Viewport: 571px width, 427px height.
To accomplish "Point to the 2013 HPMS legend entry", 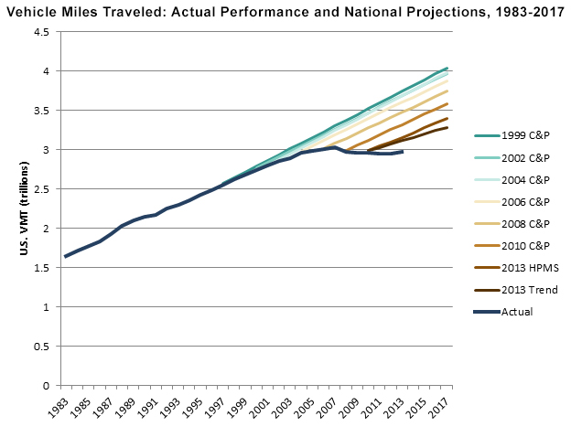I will [x=534, y=268].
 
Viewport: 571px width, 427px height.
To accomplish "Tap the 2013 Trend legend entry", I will [x=535, y=290].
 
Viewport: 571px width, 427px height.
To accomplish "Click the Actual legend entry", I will [x=525, y=312].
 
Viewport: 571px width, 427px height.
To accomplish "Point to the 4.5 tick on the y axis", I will [x=41, y=32].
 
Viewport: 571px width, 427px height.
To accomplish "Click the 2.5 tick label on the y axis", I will [x=41, y=189].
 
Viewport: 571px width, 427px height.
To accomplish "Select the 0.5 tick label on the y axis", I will [x=41, y=347].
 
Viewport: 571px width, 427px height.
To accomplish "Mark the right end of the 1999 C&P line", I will [x=447, y=68].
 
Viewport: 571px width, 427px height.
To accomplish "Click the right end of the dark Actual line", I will [x=403, y=152].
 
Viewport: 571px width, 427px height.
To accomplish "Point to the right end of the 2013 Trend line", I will [x=447, y=127].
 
